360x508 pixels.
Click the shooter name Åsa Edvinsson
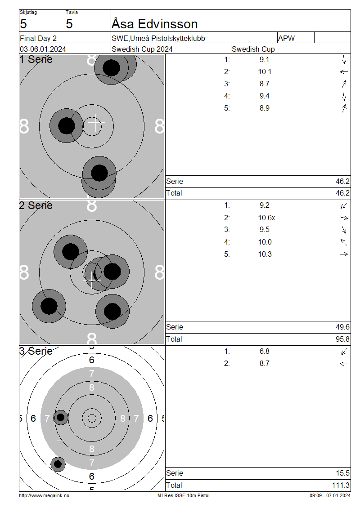[x=154, y=24]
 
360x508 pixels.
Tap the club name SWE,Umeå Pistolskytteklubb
[x=158, y=38]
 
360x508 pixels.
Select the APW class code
[x=286, y=38]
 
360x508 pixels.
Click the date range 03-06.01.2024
[x=43, y=49]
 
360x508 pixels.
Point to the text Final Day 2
[x=38, y=38]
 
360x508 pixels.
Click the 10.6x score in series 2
[x=266, y=218]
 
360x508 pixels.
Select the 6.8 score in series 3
[x=264, y=351]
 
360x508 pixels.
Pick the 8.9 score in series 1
[x=264, y=108]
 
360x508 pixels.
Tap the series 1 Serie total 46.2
[x=342, y=182]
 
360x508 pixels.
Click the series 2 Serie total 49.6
[x=342, y=327]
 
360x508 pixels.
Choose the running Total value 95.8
[x=342, y=339]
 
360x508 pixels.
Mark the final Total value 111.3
[x=341, y=486]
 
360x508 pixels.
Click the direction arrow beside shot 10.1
[x=344, y=72]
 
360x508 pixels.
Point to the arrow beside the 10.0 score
[x=344, y=242]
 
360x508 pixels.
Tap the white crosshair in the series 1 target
[x=96, y=123]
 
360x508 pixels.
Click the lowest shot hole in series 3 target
[x=58, y=464]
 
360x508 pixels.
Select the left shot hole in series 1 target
[x=67, y=126]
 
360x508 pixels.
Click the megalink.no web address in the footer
[x=44, y=496]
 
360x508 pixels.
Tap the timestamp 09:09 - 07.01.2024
[x=330, y=496]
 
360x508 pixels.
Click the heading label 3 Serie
[x=36, y=351]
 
